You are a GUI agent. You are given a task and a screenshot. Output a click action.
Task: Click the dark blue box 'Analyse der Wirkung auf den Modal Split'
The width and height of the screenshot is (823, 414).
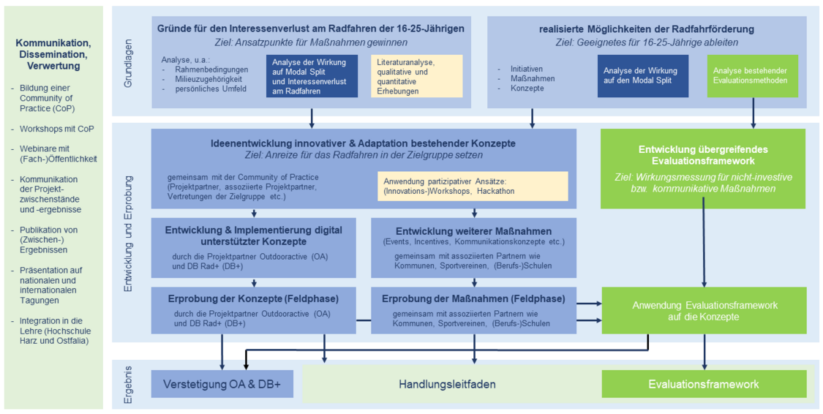coord(642,76)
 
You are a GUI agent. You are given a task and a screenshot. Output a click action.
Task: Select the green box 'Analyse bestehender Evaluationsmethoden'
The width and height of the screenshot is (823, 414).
coord(752,76)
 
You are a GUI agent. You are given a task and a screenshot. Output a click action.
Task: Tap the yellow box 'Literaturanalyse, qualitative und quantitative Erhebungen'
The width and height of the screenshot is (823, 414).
coord(416,76)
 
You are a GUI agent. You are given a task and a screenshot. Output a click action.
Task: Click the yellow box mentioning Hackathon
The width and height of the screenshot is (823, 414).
coord(473,186)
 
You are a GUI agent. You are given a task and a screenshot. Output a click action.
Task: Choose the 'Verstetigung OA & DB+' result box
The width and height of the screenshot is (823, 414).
coord(217,384)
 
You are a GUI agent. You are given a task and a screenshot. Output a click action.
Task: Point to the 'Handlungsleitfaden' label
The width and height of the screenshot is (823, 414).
coord(447,384)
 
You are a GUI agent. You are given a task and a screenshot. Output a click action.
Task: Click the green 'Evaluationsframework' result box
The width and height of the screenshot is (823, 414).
coord(703,384)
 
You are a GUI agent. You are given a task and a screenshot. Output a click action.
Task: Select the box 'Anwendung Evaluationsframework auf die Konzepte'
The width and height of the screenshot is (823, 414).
coord(703,311)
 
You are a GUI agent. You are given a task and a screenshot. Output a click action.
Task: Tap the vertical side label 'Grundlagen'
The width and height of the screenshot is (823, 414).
coord(128,61)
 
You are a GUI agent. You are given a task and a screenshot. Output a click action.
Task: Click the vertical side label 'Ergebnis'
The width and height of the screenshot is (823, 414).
coord(128,383)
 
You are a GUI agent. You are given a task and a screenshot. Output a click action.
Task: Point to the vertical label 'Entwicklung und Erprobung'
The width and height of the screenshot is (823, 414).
coord(128,234)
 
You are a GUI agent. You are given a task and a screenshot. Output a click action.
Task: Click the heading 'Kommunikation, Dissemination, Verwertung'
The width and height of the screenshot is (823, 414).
coord(53,54)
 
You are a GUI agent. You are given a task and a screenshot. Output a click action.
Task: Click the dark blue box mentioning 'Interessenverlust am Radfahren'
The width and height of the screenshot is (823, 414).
coord(312,76)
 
